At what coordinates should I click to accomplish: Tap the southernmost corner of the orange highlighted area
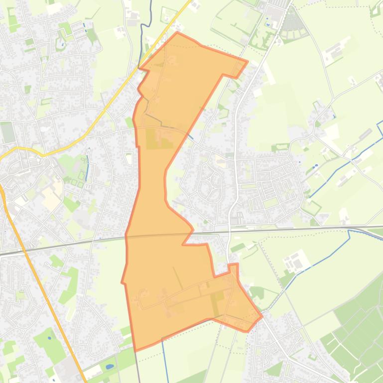135,350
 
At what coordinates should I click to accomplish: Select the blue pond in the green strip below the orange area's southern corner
110,367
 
